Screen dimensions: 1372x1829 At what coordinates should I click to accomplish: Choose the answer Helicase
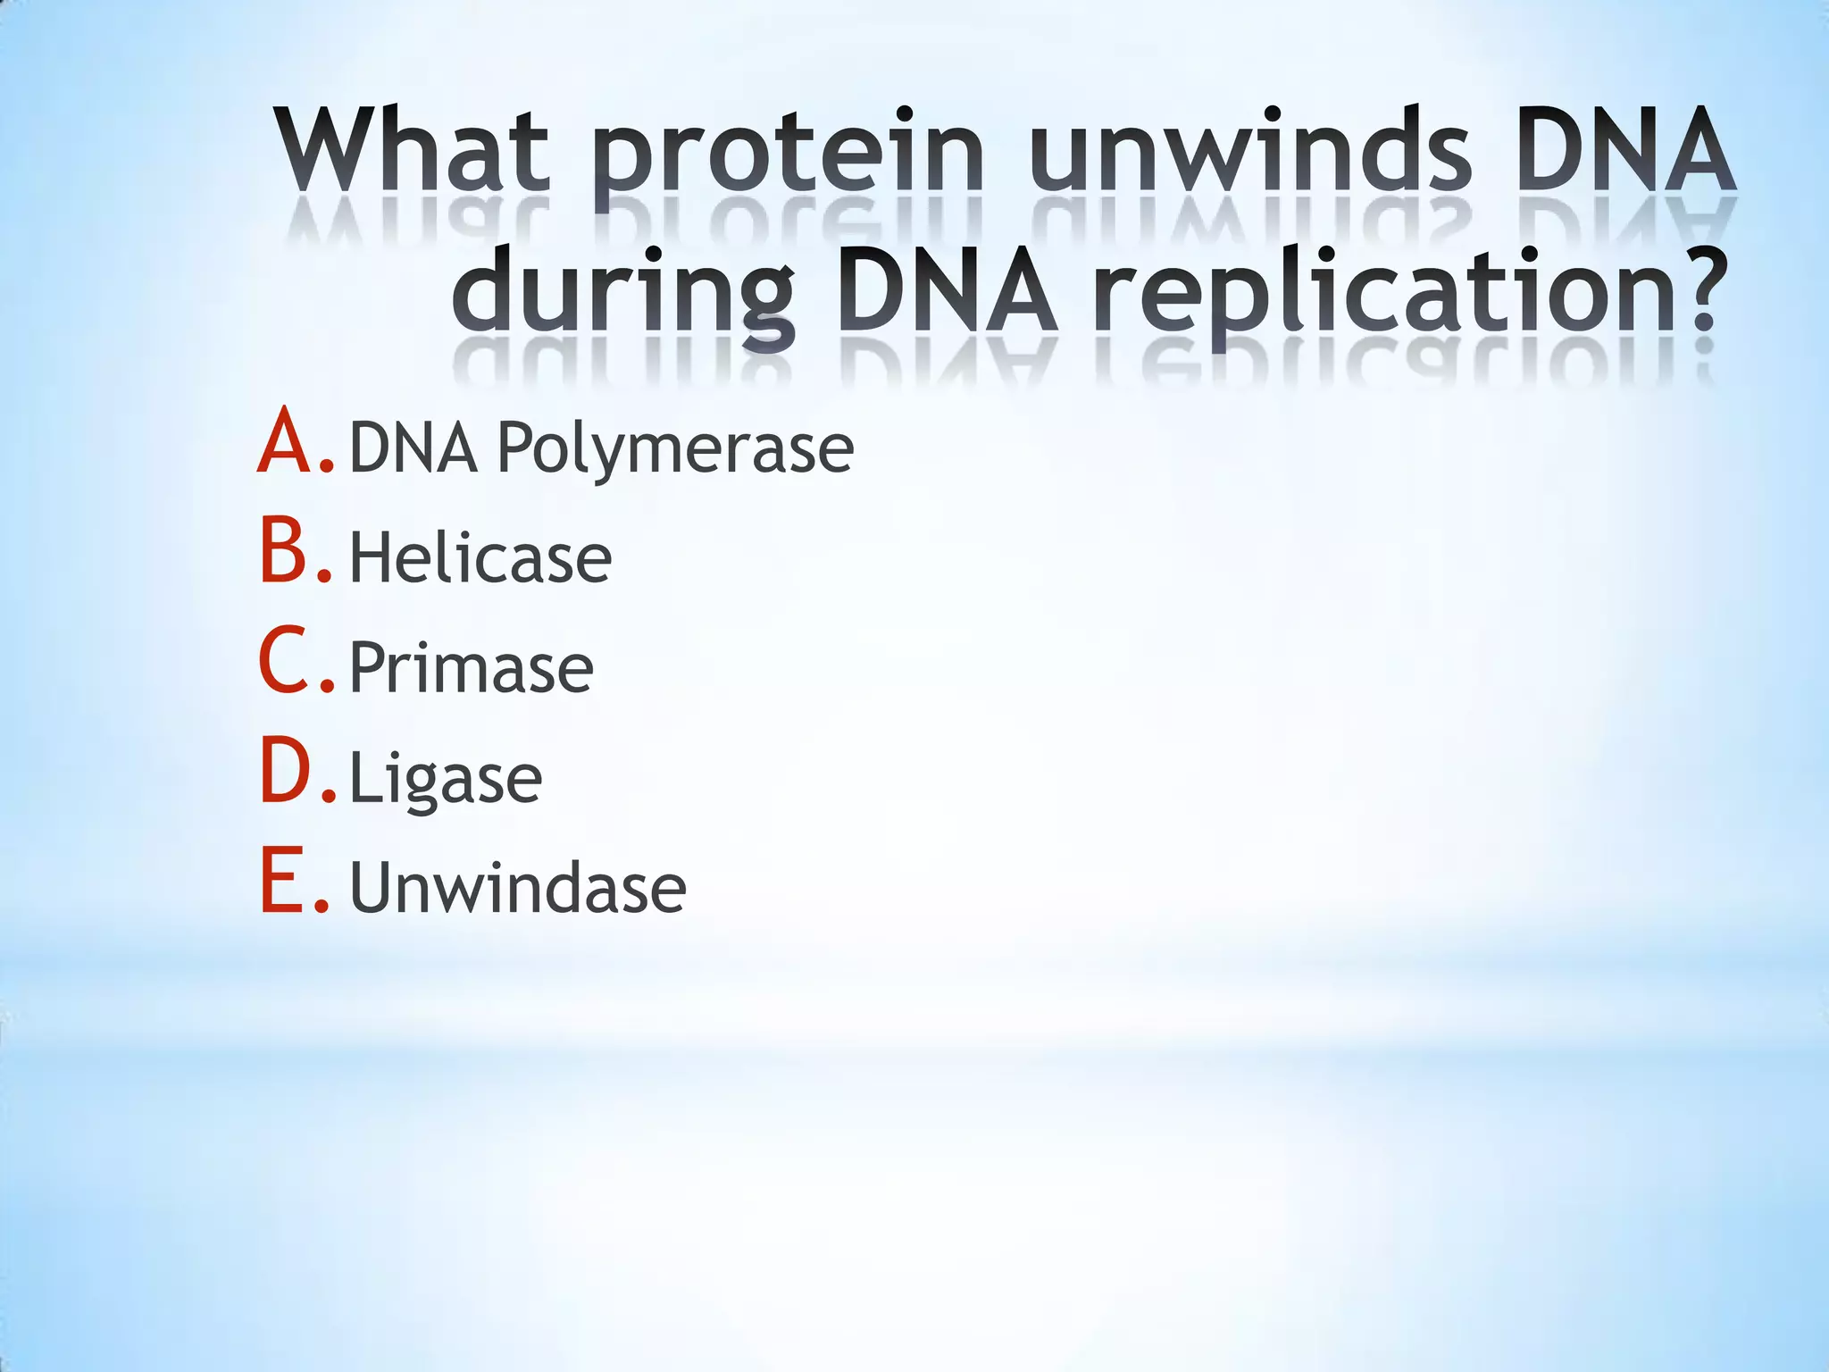(480, 558)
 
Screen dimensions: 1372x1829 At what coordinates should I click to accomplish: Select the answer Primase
(471, 668)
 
